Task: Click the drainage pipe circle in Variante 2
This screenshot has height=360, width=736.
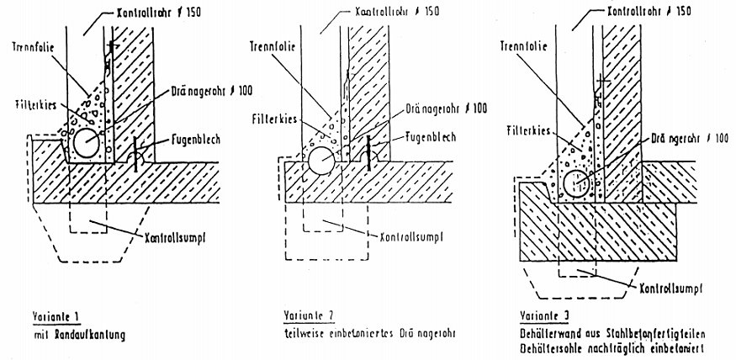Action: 320,160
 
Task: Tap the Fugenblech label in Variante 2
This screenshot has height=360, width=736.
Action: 431,135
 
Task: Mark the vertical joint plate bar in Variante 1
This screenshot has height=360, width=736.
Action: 135,155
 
